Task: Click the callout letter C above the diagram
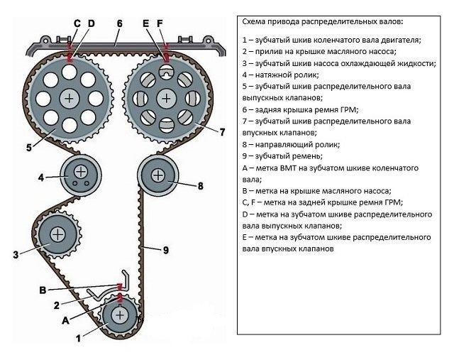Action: [x=77, y=23]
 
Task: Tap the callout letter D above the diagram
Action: [x=91, y=23]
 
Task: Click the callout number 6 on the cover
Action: [x=119, y=23]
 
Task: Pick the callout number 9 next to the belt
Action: [x=165, y=249]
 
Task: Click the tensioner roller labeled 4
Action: [x=79, y=172]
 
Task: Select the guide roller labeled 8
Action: [x=157, y=173]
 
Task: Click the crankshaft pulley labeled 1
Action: [x=120, y=315]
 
